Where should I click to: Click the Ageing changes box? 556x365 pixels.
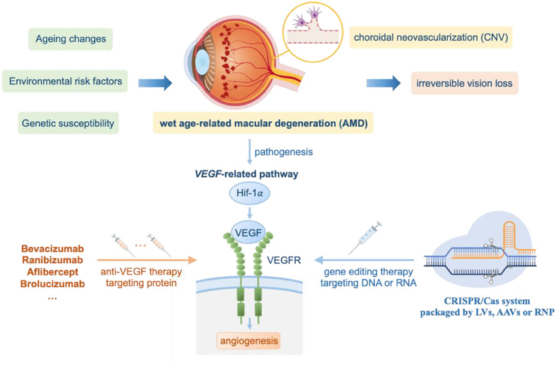(71, 39)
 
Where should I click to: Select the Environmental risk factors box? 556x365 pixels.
(65, 81)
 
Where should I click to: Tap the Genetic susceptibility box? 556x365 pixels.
(68, 123)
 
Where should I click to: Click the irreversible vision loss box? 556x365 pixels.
(464, 83)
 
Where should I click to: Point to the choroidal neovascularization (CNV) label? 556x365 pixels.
(431, 37)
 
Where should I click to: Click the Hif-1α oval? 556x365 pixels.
(250, 194)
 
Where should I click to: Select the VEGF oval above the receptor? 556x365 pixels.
(248, 233)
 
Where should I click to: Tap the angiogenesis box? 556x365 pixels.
(248, 341)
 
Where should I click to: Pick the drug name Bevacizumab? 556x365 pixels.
(52, 248)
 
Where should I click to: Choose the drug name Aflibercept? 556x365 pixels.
(53, 272)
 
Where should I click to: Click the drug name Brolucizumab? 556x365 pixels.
(53, 284)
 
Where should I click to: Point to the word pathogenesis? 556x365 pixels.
(284, 152)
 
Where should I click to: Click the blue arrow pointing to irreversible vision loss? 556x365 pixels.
(383, 83)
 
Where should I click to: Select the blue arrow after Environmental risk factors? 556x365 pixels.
(155, 83)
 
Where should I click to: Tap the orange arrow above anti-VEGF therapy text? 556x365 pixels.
(147, 260)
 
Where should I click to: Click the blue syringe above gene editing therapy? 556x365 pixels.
(365, 238)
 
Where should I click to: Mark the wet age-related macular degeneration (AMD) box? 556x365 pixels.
(263, 123)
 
